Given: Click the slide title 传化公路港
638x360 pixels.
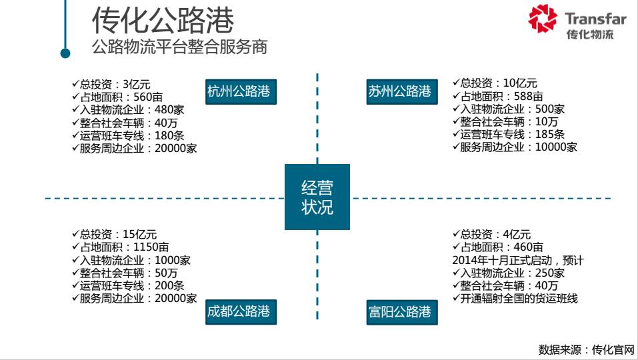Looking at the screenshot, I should (x=163, y=21).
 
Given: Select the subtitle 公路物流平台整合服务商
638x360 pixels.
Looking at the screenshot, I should (x=180, y=48).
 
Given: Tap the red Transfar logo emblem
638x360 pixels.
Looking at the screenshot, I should (x=543, y=19).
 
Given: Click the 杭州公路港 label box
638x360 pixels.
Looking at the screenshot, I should (x=239, y=92).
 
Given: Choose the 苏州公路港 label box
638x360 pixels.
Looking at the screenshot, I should (x=399, y=92).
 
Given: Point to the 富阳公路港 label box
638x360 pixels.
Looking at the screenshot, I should (x=399, y=311).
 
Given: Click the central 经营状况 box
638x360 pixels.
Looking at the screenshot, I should (x=317, y=197).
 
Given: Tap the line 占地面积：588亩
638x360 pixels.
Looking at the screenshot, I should (x=497, y=97).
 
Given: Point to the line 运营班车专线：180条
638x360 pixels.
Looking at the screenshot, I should (x=127, y=135).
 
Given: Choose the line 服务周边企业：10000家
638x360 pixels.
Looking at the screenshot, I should (x=515, y=147).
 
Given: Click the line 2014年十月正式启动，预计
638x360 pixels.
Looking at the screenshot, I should (x=518, y=261).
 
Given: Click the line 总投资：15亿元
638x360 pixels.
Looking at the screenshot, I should (x=114, y=235).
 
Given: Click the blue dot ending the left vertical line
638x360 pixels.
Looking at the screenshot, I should (x=65, y=53).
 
